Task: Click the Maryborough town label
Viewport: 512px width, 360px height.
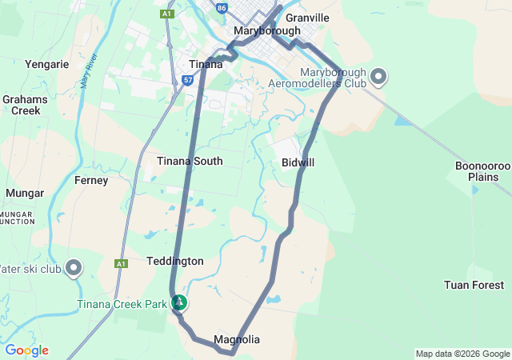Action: [267, 30]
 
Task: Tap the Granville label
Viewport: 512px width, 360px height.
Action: [307, 17]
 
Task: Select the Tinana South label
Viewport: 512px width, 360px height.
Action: [190, 161]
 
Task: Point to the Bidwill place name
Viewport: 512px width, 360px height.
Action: [298, 162]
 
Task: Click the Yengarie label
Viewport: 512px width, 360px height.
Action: [47, 64]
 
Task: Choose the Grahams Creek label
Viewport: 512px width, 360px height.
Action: [25, 105]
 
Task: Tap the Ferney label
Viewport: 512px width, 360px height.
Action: [90, 181]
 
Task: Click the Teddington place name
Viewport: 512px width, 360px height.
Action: [175, 261]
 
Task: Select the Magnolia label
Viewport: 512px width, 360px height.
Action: [237, 339]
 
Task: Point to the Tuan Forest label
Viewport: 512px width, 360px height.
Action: [474, 285]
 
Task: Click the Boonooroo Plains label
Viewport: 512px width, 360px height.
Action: [482, 170]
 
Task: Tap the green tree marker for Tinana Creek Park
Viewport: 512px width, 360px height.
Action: [180, 302]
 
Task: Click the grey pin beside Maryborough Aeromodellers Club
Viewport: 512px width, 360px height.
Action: [378, 77]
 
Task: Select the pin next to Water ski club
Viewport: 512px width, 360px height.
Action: [74, 267]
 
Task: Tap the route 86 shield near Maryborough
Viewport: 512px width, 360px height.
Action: [222, 7]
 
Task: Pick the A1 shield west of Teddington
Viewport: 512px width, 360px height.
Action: [121, 263]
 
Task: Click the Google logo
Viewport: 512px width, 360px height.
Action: [26, 350]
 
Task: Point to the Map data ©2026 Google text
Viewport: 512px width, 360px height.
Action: [462, 354]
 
